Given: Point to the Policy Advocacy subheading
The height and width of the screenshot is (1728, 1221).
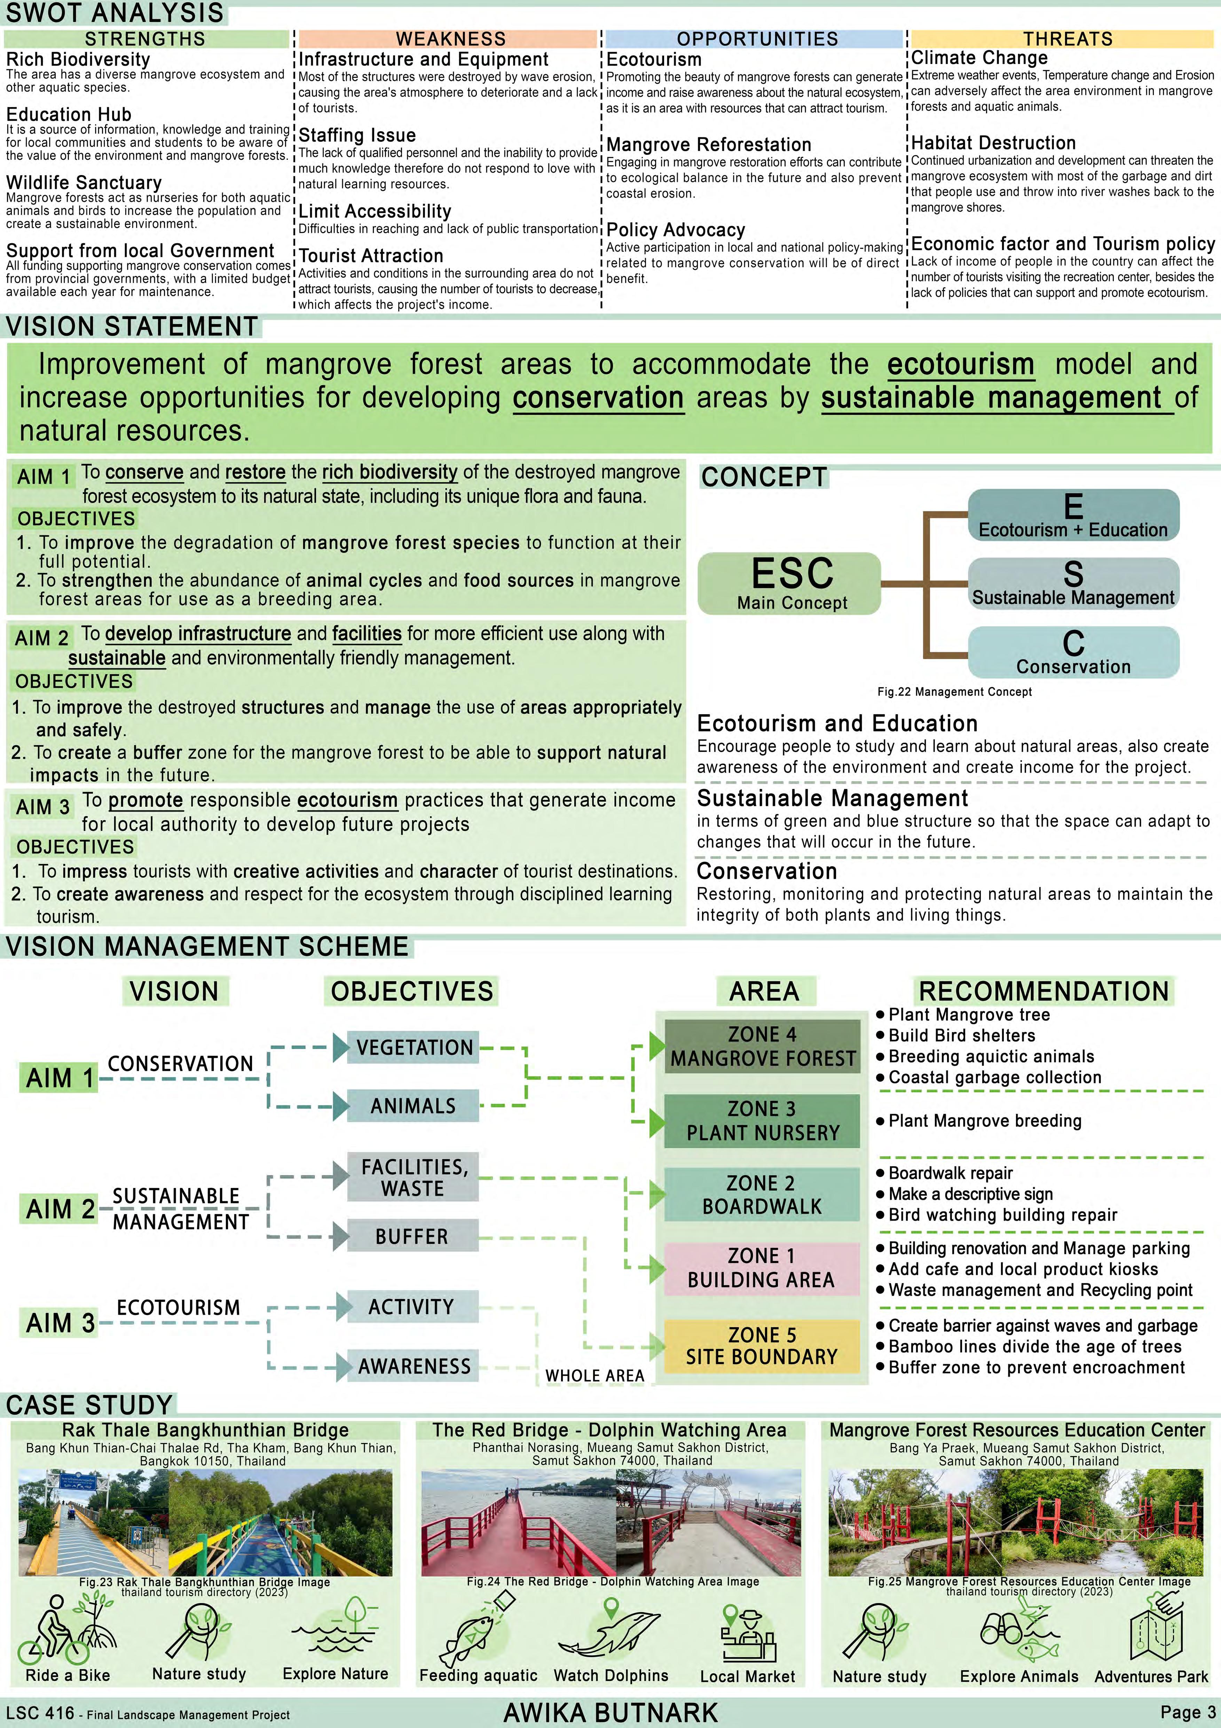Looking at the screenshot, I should click(x=675, y=230).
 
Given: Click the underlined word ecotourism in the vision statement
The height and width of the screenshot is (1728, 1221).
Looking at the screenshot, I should click(x=961, y=364).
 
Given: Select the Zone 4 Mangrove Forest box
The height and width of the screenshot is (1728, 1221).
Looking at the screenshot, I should click(x=763, y=1046).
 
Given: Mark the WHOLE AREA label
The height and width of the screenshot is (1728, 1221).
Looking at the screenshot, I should click(x=595, y=1376).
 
